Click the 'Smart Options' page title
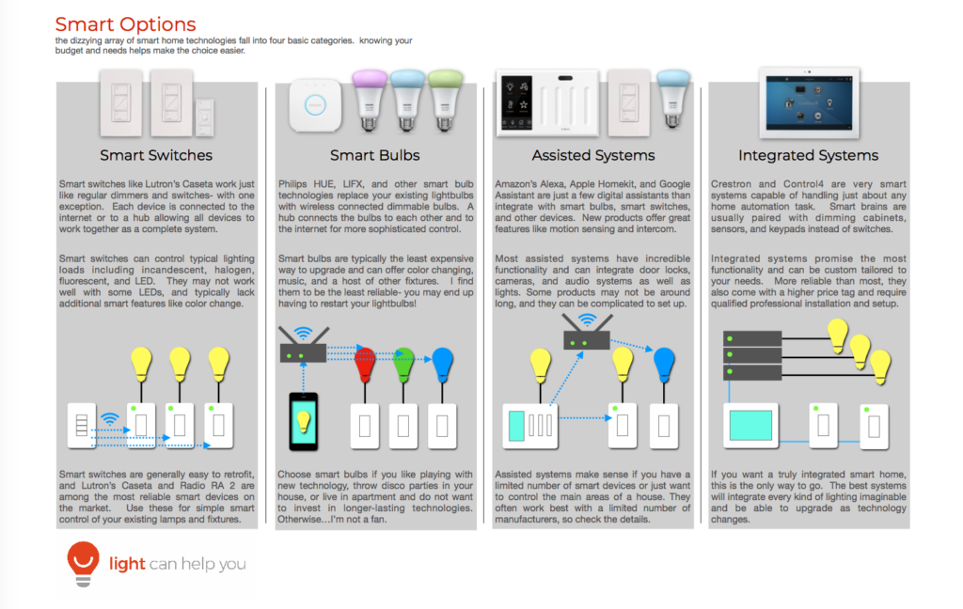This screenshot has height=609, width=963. point(125,24)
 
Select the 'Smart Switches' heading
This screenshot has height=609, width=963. point(156,155)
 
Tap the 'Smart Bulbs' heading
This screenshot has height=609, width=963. point(374,155)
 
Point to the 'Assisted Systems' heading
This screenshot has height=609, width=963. point(593,155)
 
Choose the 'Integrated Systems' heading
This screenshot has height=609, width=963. point(808,155)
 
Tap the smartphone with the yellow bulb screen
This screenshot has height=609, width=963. point(304,422)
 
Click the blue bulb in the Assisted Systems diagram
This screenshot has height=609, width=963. point(664,365)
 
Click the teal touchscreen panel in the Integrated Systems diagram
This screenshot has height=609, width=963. point(750,426)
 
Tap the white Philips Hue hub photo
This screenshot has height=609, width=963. point(315,105)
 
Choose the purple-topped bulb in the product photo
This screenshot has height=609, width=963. point(369,100)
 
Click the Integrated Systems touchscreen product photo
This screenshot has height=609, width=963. point(809,102)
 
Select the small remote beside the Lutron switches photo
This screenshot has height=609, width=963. point(204,117)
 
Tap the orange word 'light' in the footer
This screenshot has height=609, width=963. point(127,563)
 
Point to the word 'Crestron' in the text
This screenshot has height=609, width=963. point(731,184)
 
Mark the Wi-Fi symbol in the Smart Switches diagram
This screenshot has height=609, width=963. point(110,419)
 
